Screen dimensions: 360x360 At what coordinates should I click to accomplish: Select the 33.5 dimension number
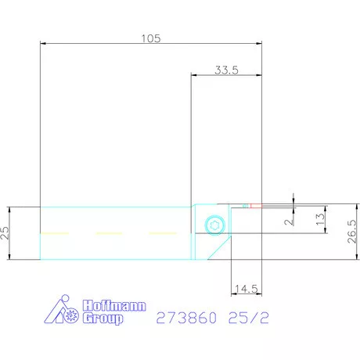[225, 70]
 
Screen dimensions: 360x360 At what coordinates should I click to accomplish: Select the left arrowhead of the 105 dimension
[42, 45]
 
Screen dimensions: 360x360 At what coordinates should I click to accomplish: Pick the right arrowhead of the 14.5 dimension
[257, 295]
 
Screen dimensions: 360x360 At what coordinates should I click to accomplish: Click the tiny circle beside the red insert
[244, 206]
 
